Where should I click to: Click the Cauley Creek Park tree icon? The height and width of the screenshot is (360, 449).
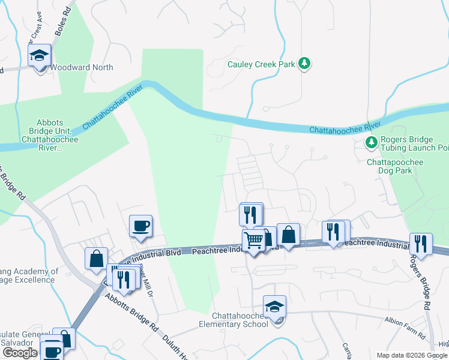click(305, 64)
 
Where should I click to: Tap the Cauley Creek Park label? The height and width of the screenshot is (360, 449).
click(261, 64)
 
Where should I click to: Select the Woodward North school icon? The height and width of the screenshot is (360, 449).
click(40, 57)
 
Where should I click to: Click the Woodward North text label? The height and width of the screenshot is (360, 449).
click(82, 67)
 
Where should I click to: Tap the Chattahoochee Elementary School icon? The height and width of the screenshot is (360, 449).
click(274, 307)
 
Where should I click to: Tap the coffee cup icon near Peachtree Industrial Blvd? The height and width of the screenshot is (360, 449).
click(141, 226)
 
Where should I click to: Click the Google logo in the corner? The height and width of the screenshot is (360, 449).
click(19, 353)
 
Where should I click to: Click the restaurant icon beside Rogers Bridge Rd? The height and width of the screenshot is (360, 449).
click(420, 244)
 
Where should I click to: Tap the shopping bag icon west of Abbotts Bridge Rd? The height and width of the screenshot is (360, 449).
click(96, 259)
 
